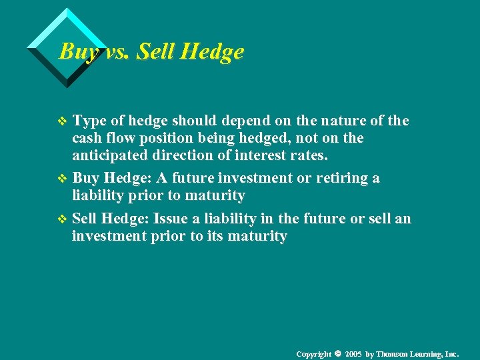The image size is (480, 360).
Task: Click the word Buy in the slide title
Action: tap(75, 51)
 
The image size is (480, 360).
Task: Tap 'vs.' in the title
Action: tap(114, 51)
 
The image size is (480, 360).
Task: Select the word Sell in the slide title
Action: tap(155, 51)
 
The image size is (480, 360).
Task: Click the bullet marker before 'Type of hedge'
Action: tap(64, 121)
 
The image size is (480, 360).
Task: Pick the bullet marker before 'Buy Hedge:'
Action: tap(64, 179)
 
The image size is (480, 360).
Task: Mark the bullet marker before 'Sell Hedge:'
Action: tap(64, 219)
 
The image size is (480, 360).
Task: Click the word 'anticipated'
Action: tap(107, 155)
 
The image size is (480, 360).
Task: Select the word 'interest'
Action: tap(268, 155)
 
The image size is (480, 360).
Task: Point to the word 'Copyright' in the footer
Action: tap(314, 353)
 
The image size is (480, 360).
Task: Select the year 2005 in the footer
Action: tap(354, 353)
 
